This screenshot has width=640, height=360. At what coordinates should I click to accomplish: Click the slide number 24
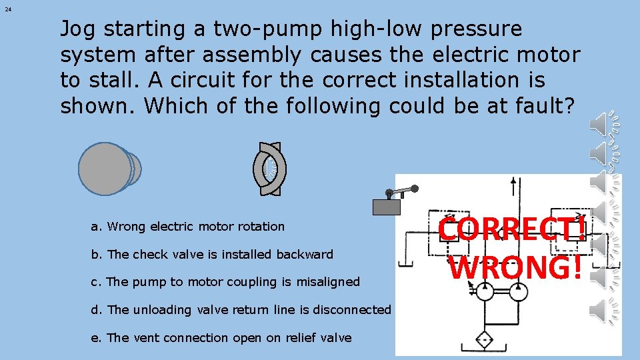[x=7, y=9]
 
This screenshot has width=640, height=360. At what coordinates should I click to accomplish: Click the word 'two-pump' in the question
[x=266, y=29]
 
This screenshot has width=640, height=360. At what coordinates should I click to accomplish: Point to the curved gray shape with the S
[x=271, y=169]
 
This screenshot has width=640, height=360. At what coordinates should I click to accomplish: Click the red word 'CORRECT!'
[x=513, y=230]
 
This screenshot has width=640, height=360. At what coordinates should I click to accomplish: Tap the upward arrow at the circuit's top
[x=513, y=185]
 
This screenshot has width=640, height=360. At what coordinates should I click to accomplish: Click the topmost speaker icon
[x=604, y=125]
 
